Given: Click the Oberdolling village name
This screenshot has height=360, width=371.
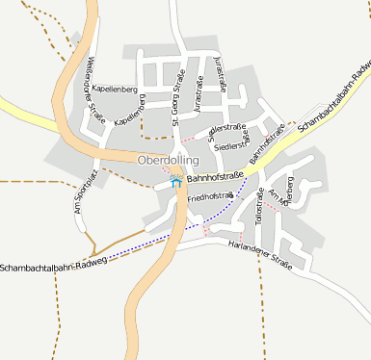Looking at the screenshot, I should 168,160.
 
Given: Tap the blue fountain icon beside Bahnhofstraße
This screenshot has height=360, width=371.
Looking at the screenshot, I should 175,178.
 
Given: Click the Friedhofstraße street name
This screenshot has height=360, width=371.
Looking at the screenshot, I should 211,196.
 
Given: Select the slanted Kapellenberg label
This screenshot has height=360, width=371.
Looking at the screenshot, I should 128,113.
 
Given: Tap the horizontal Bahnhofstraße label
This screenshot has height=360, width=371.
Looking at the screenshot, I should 215,177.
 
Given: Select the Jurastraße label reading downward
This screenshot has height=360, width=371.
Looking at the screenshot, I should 223,74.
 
